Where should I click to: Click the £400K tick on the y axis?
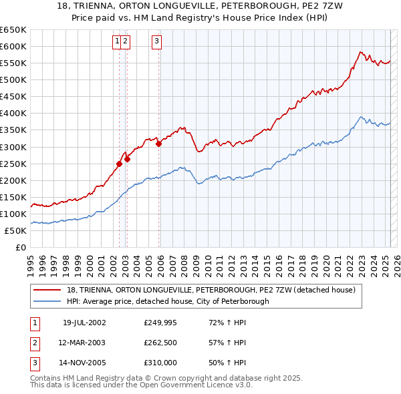pos(13,113)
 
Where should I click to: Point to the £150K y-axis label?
pos(13,197)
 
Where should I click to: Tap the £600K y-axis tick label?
pos(13,46)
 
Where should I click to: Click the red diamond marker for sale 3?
pos(158,143)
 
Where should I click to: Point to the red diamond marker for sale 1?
pos(119,163)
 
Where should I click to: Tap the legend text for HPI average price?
pos(167,301)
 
